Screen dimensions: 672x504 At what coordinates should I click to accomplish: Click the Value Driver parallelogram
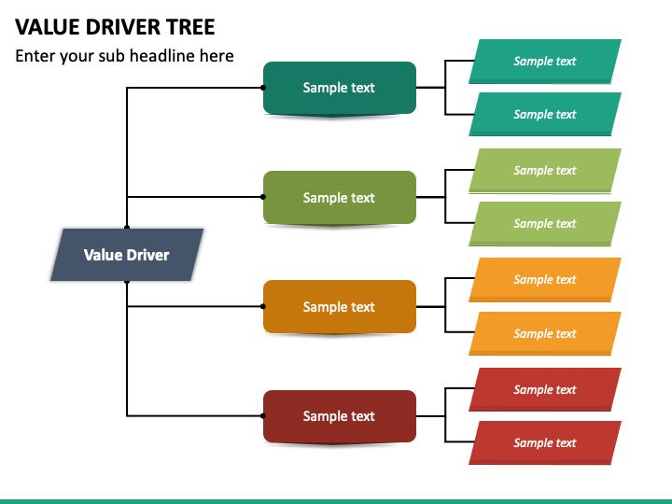127,255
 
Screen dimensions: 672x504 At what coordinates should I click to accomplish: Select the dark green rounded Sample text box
340,88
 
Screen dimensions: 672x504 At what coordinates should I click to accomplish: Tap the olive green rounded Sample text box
340,197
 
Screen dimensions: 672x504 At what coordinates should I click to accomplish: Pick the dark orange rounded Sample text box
340,306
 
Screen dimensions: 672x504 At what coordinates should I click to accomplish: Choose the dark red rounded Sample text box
340,416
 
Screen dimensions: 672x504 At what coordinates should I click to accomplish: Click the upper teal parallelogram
545,62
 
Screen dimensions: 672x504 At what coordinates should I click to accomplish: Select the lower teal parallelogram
545,115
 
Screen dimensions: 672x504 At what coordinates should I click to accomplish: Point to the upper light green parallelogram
545,171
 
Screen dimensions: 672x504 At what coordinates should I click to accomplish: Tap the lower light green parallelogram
545,224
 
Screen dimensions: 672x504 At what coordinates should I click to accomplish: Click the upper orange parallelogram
545,280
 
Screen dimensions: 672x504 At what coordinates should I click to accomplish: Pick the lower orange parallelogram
545,333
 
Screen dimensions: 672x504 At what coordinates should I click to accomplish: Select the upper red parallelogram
545,389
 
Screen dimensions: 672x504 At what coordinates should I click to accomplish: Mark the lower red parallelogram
545,442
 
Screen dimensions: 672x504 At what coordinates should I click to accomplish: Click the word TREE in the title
190,27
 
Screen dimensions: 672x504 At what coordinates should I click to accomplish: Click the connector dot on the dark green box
263,88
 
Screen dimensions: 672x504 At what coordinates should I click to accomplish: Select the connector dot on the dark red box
263,415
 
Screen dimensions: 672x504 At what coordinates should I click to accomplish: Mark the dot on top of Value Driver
127,228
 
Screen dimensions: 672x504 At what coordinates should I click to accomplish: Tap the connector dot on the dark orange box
263,306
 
